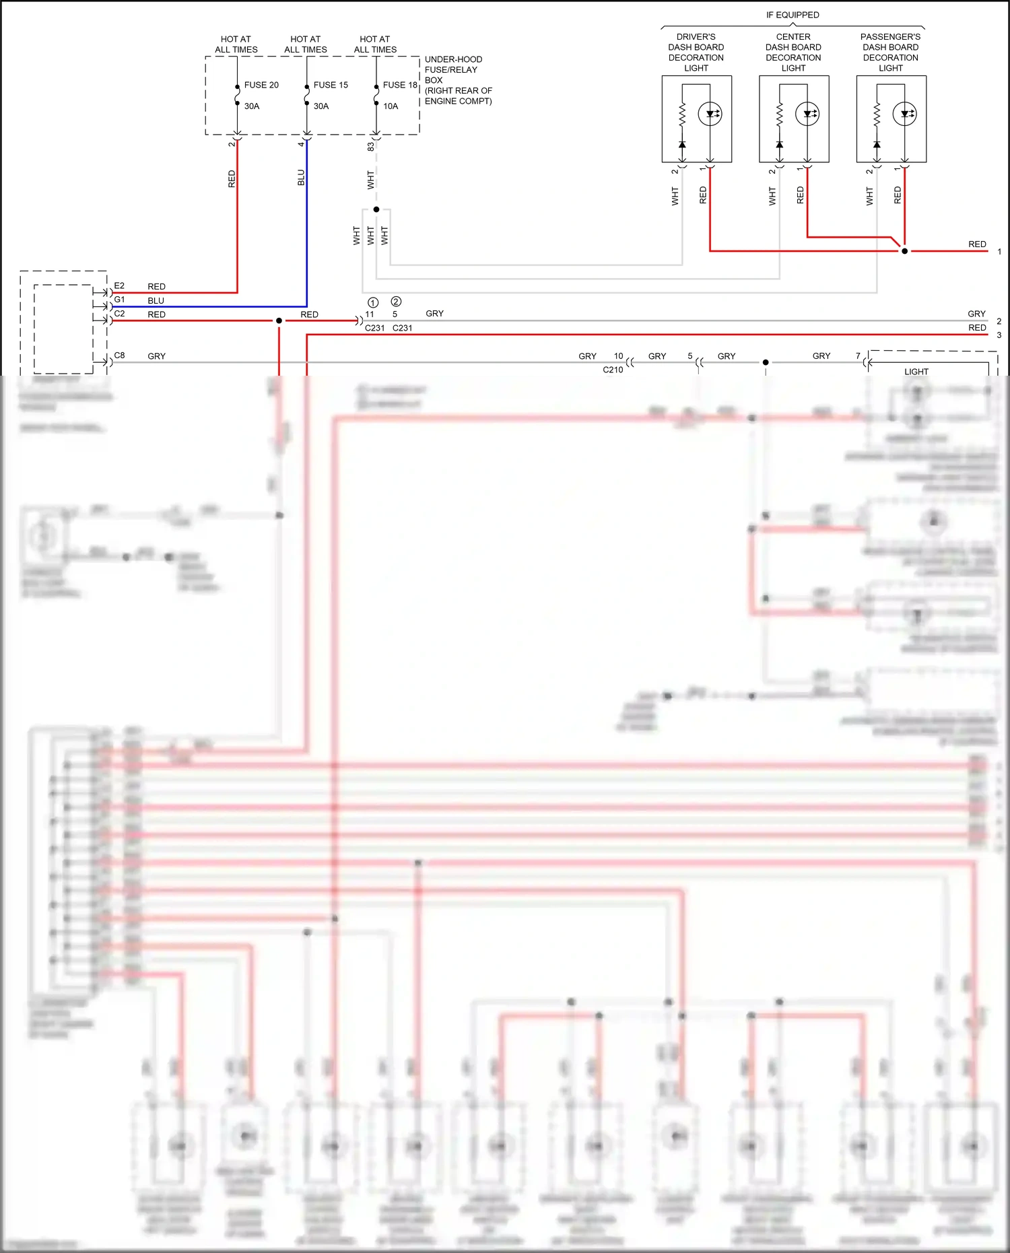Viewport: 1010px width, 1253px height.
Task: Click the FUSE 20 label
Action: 261,85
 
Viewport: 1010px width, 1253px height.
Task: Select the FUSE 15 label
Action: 331,85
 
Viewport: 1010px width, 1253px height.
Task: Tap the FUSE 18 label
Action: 400,85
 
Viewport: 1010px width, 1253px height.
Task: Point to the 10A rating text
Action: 391,106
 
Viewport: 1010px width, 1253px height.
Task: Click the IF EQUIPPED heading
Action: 793,15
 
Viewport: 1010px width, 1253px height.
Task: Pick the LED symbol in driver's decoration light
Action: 710,114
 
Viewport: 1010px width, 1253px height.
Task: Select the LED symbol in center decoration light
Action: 807,114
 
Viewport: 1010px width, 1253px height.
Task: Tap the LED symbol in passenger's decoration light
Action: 904,114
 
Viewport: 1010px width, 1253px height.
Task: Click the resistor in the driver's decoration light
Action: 682,114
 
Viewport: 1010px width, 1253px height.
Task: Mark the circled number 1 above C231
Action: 373,302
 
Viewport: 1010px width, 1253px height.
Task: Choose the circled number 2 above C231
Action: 396,302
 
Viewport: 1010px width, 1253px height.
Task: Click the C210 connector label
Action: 613,370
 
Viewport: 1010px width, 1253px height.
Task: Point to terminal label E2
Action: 119,286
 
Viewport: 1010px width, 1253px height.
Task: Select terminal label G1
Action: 119,300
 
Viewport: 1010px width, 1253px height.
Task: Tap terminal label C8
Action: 119,355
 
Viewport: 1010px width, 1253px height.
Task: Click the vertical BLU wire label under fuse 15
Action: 301,178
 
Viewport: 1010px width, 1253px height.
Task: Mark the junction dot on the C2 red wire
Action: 279,320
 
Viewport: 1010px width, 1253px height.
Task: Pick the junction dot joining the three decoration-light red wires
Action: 904,251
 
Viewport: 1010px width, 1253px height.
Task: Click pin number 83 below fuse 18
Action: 370,146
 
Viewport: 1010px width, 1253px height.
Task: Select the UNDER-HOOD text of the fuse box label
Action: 453,59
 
